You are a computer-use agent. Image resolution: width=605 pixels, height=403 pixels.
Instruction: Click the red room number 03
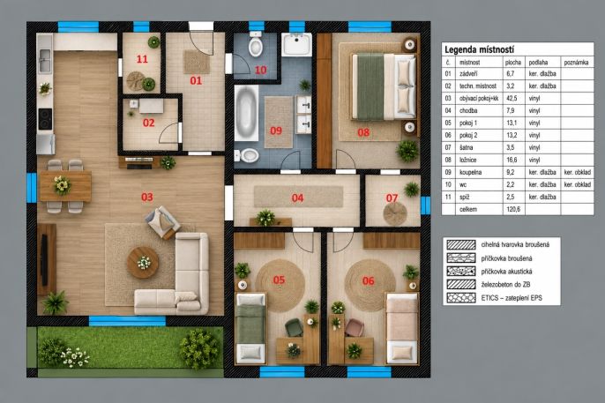click(147, 197)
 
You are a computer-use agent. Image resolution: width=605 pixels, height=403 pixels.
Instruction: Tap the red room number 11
click(142, 59)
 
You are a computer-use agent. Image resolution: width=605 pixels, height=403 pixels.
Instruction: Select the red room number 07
click(392, 198)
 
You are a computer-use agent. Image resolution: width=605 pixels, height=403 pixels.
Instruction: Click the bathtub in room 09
click(246, 113)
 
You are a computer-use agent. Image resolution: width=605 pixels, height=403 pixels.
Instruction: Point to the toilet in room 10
click(256, 45)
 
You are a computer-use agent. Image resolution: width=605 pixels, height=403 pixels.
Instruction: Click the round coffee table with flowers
click(143, 263)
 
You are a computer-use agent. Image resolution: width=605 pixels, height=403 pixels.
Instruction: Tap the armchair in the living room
click(162, 221)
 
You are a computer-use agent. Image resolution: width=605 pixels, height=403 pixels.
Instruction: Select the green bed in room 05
click(250, 328)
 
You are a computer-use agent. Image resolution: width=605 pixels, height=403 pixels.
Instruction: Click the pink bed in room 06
click(402, 328)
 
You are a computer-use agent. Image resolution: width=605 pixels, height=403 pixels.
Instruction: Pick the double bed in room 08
click(384, 86)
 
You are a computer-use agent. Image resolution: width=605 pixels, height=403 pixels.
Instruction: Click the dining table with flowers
click(65, 186)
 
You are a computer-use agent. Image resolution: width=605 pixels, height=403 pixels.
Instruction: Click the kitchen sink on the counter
click(45, 60)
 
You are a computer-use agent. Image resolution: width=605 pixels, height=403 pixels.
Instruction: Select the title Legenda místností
click(479, 49)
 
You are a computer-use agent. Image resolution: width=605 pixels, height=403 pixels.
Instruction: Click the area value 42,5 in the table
click(512, 99)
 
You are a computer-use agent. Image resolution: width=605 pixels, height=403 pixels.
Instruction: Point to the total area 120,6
click(513, 209)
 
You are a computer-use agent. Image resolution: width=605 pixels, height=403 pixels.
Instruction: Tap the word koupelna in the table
click(470, 172)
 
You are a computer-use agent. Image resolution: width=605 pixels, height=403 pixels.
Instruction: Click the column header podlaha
click(538, 62)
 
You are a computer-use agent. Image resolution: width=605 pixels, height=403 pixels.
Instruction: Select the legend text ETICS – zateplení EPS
click(512, 298)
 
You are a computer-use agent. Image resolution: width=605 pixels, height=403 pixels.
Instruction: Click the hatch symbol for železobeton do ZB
click(461, 285)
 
